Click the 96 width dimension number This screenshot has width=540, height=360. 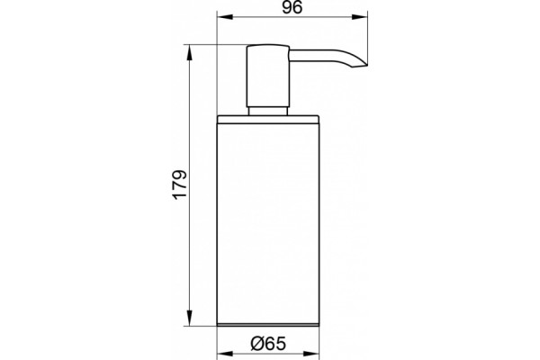point(292,7)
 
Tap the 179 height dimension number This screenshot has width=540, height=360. point(180,184)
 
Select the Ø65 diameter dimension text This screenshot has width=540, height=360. point(268,344)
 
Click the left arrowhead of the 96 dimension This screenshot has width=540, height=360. point(225,17)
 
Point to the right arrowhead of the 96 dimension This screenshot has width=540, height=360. point(359,17)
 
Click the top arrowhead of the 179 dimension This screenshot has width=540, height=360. point(189,53)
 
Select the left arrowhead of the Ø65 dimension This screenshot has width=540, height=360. point(225,354)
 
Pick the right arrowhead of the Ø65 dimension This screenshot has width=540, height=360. point(311,354)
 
